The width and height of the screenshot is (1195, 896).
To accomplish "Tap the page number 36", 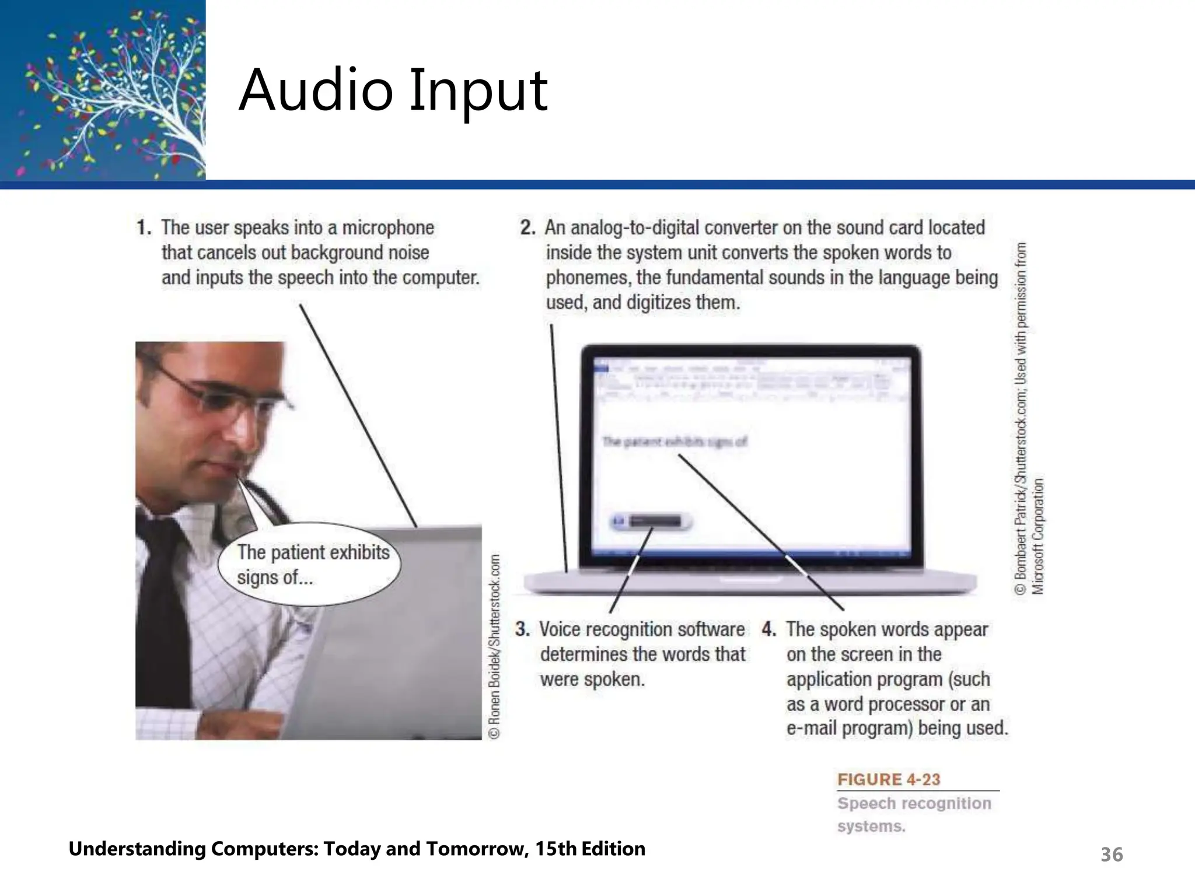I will click(x=1111, y=855).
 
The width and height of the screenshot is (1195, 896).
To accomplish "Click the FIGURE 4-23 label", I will click(x=889, y=779).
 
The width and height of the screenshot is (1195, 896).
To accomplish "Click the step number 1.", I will click(x=144, y=228).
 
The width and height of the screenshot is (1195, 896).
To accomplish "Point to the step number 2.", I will click(x=527, y=228).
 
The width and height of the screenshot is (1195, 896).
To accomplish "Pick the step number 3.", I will click(x=522, y=629).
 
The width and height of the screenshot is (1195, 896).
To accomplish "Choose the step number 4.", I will click(x=769, y=629).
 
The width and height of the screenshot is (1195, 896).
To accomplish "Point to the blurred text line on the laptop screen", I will click(x=674, y=442).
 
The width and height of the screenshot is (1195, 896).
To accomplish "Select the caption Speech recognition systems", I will click(x=913, y=814).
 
